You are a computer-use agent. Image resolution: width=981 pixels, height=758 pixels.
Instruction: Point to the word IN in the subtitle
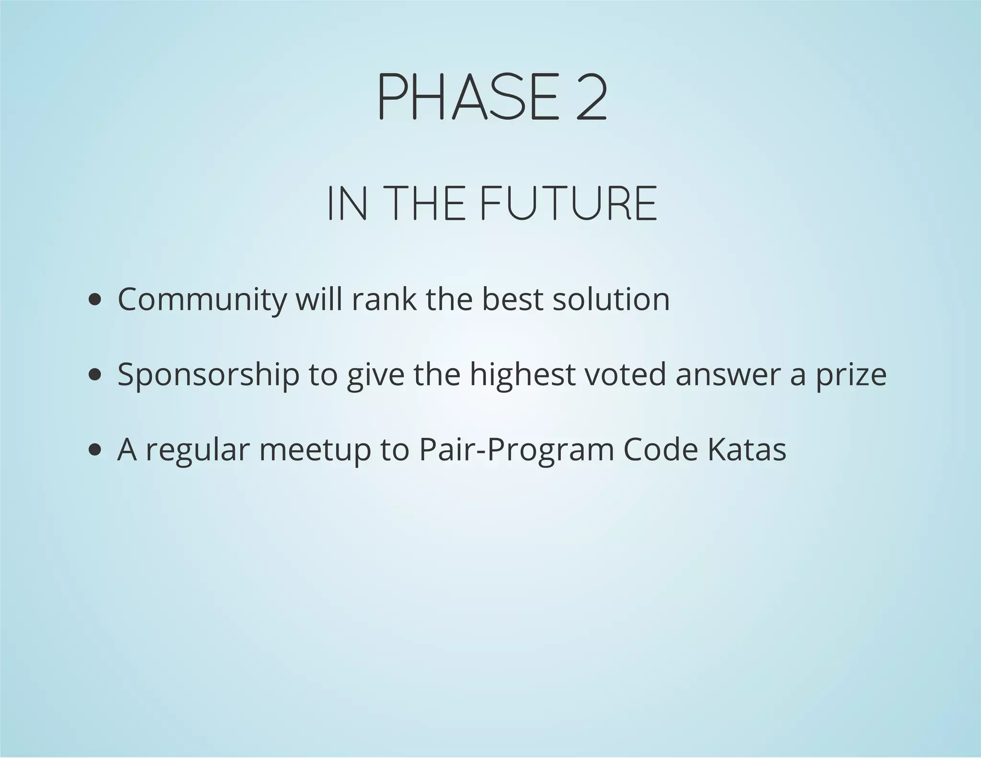pyautogui.click(x=348, y=204)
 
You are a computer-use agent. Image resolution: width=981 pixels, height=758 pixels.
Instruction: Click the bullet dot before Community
pyautogui.click(x=95, y=300)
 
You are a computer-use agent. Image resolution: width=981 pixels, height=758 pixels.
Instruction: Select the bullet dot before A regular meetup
pyautogui.click(x=95, y=450)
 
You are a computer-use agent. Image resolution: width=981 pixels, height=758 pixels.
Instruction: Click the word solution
pyautogui.click(x=611, y=299)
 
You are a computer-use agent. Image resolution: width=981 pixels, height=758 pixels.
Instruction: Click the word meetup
pyautogui.click(x=315, y=451)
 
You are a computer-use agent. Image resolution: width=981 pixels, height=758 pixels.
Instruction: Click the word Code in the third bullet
pyautogui.click(x=661, y=450)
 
